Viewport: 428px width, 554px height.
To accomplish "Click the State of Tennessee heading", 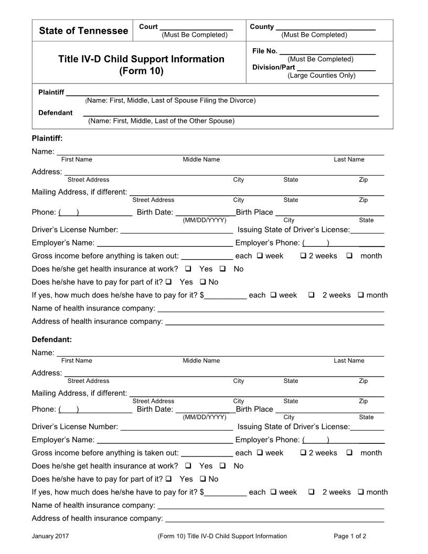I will coord(83,31).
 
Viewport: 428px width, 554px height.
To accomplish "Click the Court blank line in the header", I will coord(196,27).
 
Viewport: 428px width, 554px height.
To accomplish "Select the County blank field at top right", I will coord(325,27).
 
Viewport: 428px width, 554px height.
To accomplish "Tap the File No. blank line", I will coord(327,51).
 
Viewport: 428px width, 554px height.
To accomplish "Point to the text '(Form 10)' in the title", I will coord(141,71).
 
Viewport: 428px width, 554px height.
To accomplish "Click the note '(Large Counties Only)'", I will coord(321,76).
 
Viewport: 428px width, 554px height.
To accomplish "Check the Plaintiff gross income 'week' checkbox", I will coord(260,256).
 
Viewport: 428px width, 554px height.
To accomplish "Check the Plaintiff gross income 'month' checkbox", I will coord(349,256).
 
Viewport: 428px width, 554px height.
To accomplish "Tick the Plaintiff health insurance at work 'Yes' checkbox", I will coord(188,269).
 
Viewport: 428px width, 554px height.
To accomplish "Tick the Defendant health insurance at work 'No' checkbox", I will coord(222,466).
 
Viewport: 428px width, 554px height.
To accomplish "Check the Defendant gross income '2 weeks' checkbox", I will coord(303,453).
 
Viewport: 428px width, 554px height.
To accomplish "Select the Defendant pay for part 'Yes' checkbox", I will coord(168,479).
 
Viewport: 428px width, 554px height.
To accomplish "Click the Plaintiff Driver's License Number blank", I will coord(176,230).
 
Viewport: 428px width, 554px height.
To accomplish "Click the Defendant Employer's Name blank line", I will coord(165,440).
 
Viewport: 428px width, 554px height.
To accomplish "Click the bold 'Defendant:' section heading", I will coord(52,339).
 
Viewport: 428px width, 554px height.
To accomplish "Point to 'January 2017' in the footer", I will coord(50,536).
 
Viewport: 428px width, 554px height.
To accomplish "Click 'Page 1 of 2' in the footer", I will coord(350,536).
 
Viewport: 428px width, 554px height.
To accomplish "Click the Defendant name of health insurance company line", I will coord(271,506).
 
